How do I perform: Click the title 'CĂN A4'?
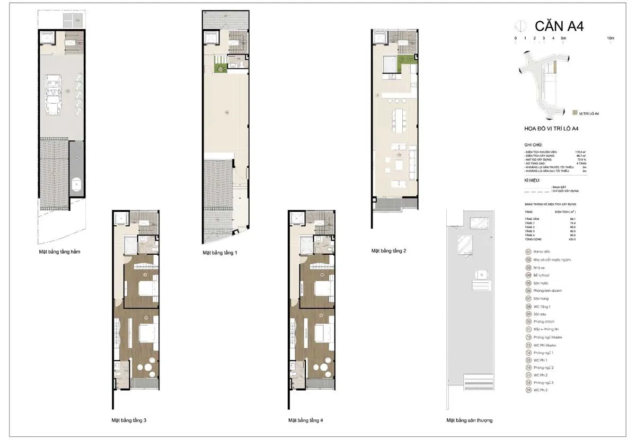[559, 26]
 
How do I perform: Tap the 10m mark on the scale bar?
[611, 38]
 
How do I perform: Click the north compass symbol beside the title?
[521, 25]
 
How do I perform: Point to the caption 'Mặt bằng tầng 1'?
[219, 253]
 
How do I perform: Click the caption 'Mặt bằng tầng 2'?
[388, 250]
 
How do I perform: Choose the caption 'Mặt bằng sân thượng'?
[470, 420]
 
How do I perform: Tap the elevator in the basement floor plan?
[47, 38]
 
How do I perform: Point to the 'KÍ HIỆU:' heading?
[532, 180]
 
